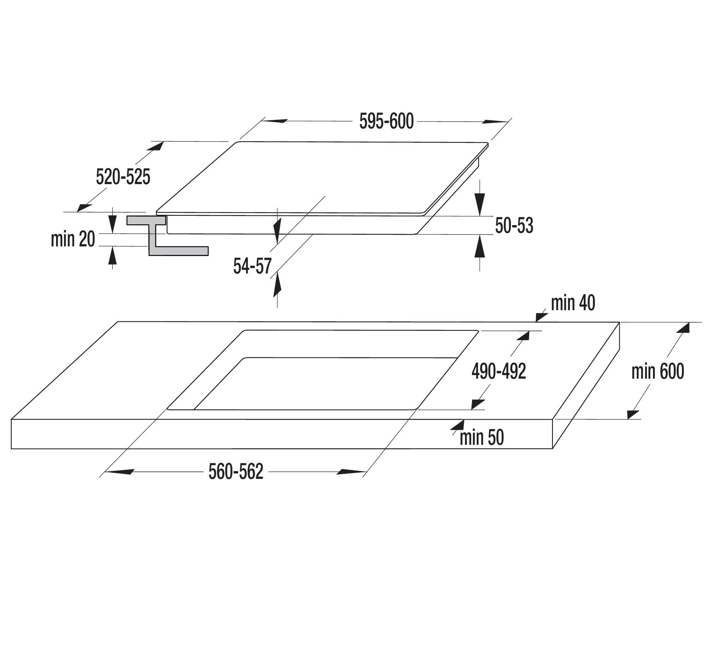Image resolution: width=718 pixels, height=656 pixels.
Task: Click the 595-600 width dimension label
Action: pos(386,121)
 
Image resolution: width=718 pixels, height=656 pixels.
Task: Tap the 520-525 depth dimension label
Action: pos(123,178)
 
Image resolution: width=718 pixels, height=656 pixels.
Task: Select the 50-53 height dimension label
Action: pos(514,226)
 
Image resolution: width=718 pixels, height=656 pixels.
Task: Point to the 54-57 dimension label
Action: pos(252,266)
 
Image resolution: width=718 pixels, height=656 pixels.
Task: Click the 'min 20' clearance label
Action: pos(73,239)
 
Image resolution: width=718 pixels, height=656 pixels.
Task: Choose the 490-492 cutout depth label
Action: pos(499,372)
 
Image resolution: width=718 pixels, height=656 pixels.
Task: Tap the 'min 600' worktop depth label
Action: pos(658,371)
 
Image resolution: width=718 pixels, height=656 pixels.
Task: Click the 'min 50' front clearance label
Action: pos(482,438)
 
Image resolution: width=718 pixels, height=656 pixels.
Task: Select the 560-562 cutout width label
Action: pos(236,472)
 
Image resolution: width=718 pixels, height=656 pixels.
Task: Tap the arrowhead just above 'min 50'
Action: pos(458,426)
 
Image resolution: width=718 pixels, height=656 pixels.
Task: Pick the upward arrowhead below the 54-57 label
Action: pos(277,285)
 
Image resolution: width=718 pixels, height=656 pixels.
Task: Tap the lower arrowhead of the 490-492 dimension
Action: pos(478,404)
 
